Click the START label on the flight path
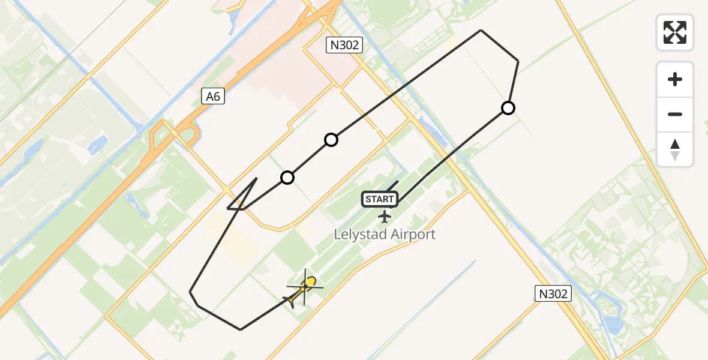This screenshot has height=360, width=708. tap(380, 199)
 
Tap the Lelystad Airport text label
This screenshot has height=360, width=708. tap(385, 234)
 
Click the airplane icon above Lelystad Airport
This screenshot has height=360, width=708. tap(385, 216)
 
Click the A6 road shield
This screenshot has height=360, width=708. tap(213, 96)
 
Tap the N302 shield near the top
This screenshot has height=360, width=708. tap(344, 44)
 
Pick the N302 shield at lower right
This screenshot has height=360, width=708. tap(553, 293)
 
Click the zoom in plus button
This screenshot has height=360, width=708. tap(675, 79)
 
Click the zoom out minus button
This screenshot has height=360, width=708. tap(675, 114)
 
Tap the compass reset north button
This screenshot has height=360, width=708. tap(675, 149)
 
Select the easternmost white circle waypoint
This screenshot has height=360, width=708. tap(508, 108)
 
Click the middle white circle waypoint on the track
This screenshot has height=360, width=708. tap(331, 140)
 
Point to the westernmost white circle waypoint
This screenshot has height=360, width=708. tap(287, 178)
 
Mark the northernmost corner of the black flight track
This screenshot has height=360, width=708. tap(481, 30)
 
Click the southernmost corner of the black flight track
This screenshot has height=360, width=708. tap(241, 329)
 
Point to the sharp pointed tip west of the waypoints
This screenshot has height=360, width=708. tap(228, 208)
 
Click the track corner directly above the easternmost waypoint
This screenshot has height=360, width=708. tap(518, 61)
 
